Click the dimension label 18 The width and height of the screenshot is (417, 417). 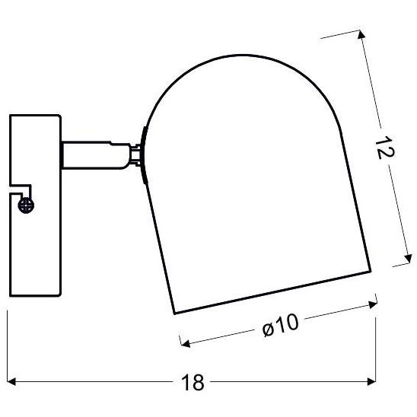coord(196,383)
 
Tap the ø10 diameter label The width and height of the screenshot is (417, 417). coord(280,326)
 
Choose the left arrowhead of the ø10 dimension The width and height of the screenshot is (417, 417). coord(183,340)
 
